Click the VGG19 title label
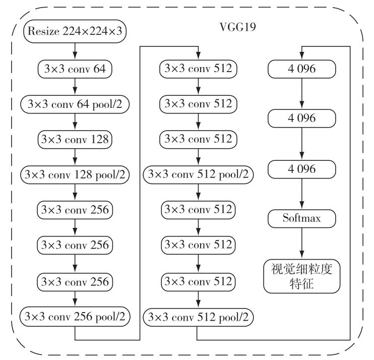pyautogui.click(x=237, y=27)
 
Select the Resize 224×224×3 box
pyautogui.click(x=75, y=31)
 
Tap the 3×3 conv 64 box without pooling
pyautogui.click(x=75, y=69)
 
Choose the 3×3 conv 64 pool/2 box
pyautogui.click(x=75, y=104)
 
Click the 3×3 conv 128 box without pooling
pyautogui.click(x=75, y=139)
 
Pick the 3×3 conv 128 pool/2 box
pyautogui.click(x=75, y=174)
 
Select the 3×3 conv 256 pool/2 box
pyautogui.click(x=75, y=317)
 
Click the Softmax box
pyautogui.click(x=302, y=218)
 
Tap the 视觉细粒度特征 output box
pyautogui.click(x=302, y=276)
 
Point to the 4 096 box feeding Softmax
pyautogui.click(x=302, y=169)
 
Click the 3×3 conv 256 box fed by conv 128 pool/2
pyautogui.click(x=75, y=210)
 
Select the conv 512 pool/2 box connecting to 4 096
pyautogui.click(x=198, y=317)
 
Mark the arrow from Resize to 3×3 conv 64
pyautogui.click(x=75, y=51)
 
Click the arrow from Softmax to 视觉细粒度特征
pyautogui.click(x=302, y=244)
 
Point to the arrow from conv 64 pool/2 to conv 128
pyautogui.click(x=75, y=122)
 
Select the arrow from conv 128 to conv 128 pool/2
pyautogui.click(x=75, y=157)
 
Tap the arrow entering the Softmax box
pyautogui.click(x=302, y=194)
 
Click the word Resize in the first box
pyautogui.click(x=43, y=31)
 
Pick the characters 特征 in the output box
pyautogui.click(x=302, y=284)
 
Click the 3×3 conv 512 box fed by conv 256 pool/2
pyautogui.click(x=198, y=69)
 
